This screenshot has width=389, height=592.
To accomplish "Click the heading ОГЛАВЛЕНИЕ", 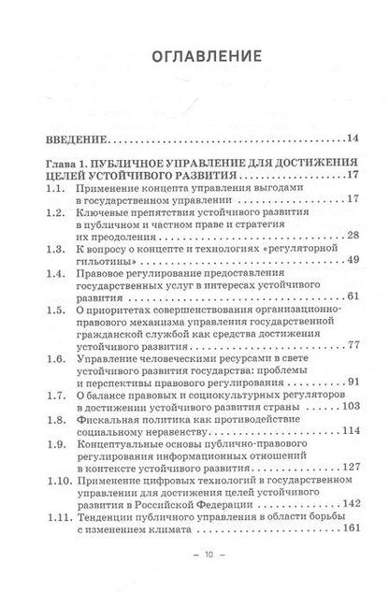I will (x=193, y=58).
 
